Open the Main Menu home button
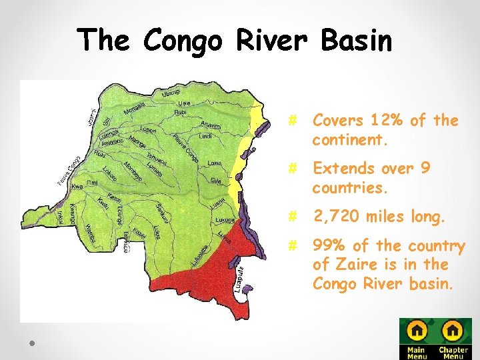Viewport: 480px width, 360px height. point(417,338)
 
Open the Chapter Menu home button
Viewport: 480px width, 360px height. point(453,338)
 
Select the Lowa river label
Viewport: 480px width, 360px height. point(215,163)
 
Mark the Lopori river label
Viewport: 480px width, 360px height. point(149,129)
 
